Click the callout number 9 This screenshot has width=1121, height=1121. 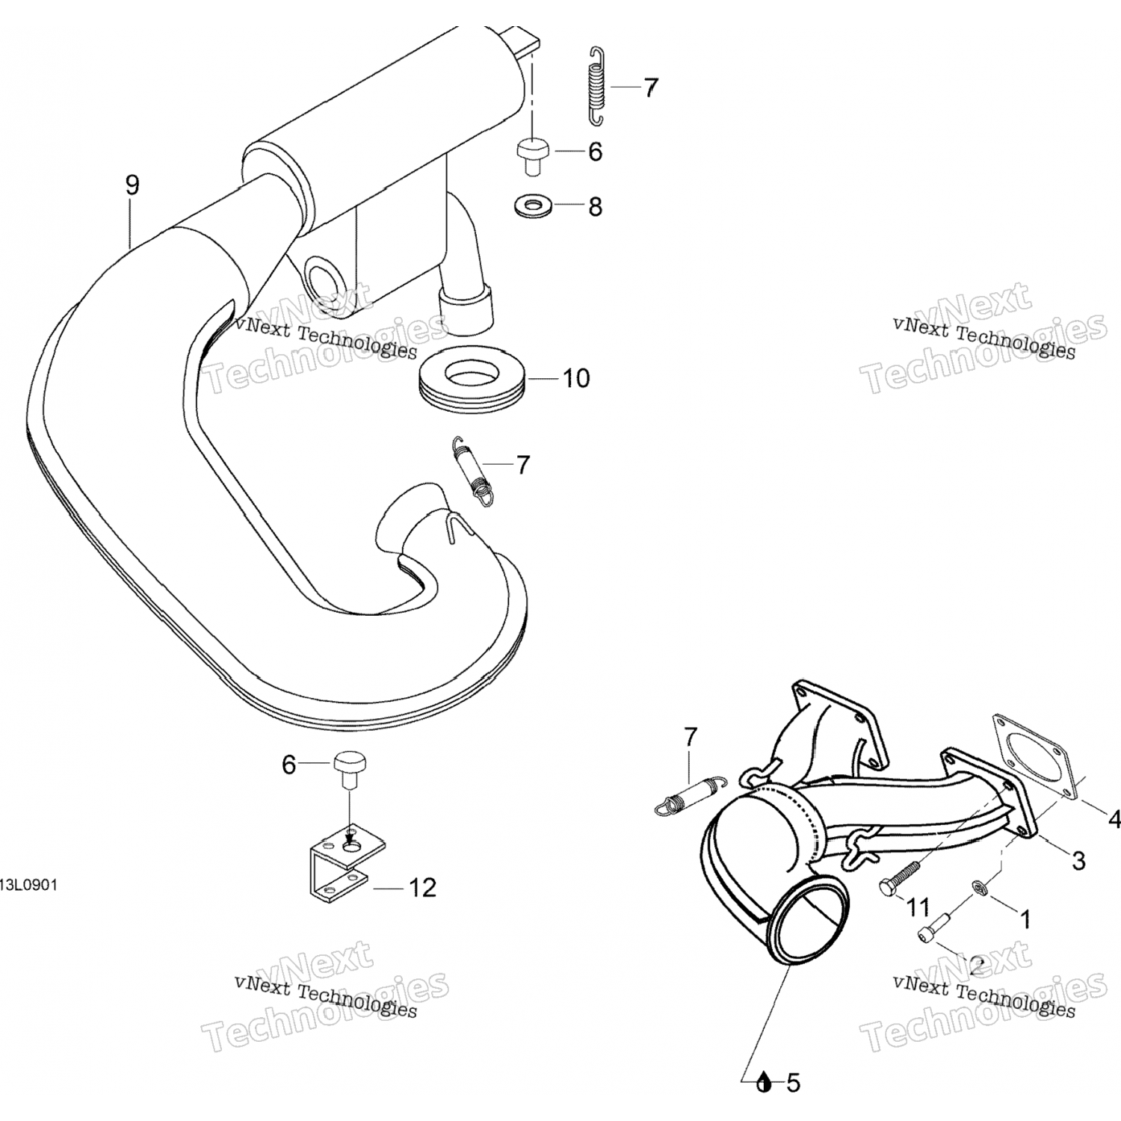(x=132, y=185)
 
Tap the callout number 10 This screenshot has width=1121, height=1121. (x=575, y=378)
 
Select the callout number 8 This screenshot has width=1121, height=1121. (x=595, y=206)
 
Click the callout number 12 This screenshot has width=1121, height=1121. (x=422, y=888)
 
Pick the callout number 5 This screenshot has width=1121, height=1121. (x=793, y=1081)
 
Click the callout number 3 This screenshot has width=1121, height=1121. (x=1078, y=860)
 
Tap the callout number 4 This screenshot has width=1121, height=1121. (x=1114, y=820)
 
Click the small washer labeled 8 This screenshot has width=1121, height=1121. (x=529, y=204)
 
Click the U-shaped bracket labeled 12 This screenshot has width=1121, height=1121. (x=337, y=862)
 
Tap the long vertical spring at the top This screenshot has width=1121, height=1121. (x=596, y=87)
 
